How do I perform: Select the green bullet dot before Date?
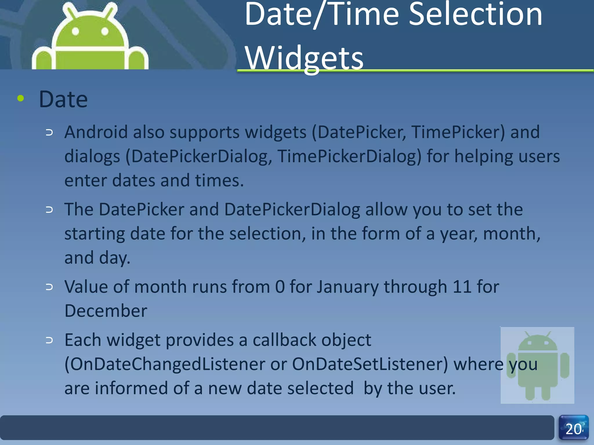pyautogui.click(x=21, y=99)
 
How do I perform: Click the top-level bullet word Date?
pyautogui.click(x=63, y=99)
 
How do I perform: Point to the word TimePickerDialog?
pyautogui.click(x=349, y=156)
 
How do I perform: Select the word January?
pyautogui.click(x=347, y=287)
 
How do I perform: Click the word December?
pyautogui.click(x=106, y=311)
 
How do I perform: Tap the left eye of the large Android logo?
pyautogui.click(x=75, y=31)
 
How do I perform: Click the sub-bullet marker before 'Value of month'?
pyautogui.click(x=49, y=287)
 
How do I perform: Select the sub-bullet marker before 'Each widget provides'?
pyautogui.click(x=49, y=340)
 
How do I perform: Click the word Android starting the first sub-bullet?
pyautogui.click(x=96, y=132)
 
